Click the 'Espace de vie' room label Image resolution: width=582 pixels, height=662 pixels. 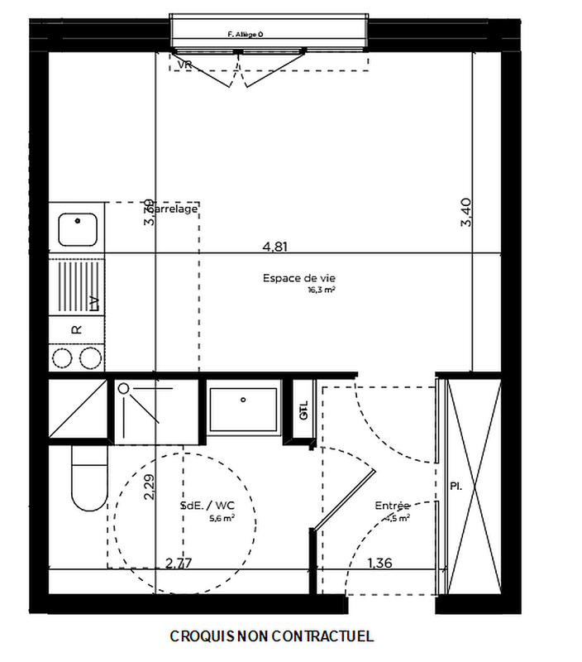click(x=293, y=279)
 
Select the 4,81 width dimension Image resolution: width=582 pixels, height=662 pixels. click(x=276, y=246)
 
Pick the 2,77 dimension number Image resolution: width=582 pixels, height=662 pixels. click(x=179, y=564)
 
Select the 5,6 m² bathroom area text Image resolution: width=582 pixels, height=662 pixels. click(x=222, y=518)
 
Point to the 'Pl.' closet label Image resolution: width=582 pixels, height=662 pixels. click(x=456, y=486)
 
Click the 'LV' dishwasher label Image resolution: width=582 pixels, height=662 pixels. click(x=93, y=302)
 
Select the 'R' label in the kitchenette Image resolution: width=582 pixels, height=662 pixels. click(x=77, y=329)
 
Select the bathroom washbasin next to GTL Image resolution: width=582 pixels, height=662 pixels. click(x=243, y=406)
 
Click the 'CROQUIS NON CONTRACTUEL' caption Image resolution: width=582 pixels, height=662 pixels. click(x=272, y=636)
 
